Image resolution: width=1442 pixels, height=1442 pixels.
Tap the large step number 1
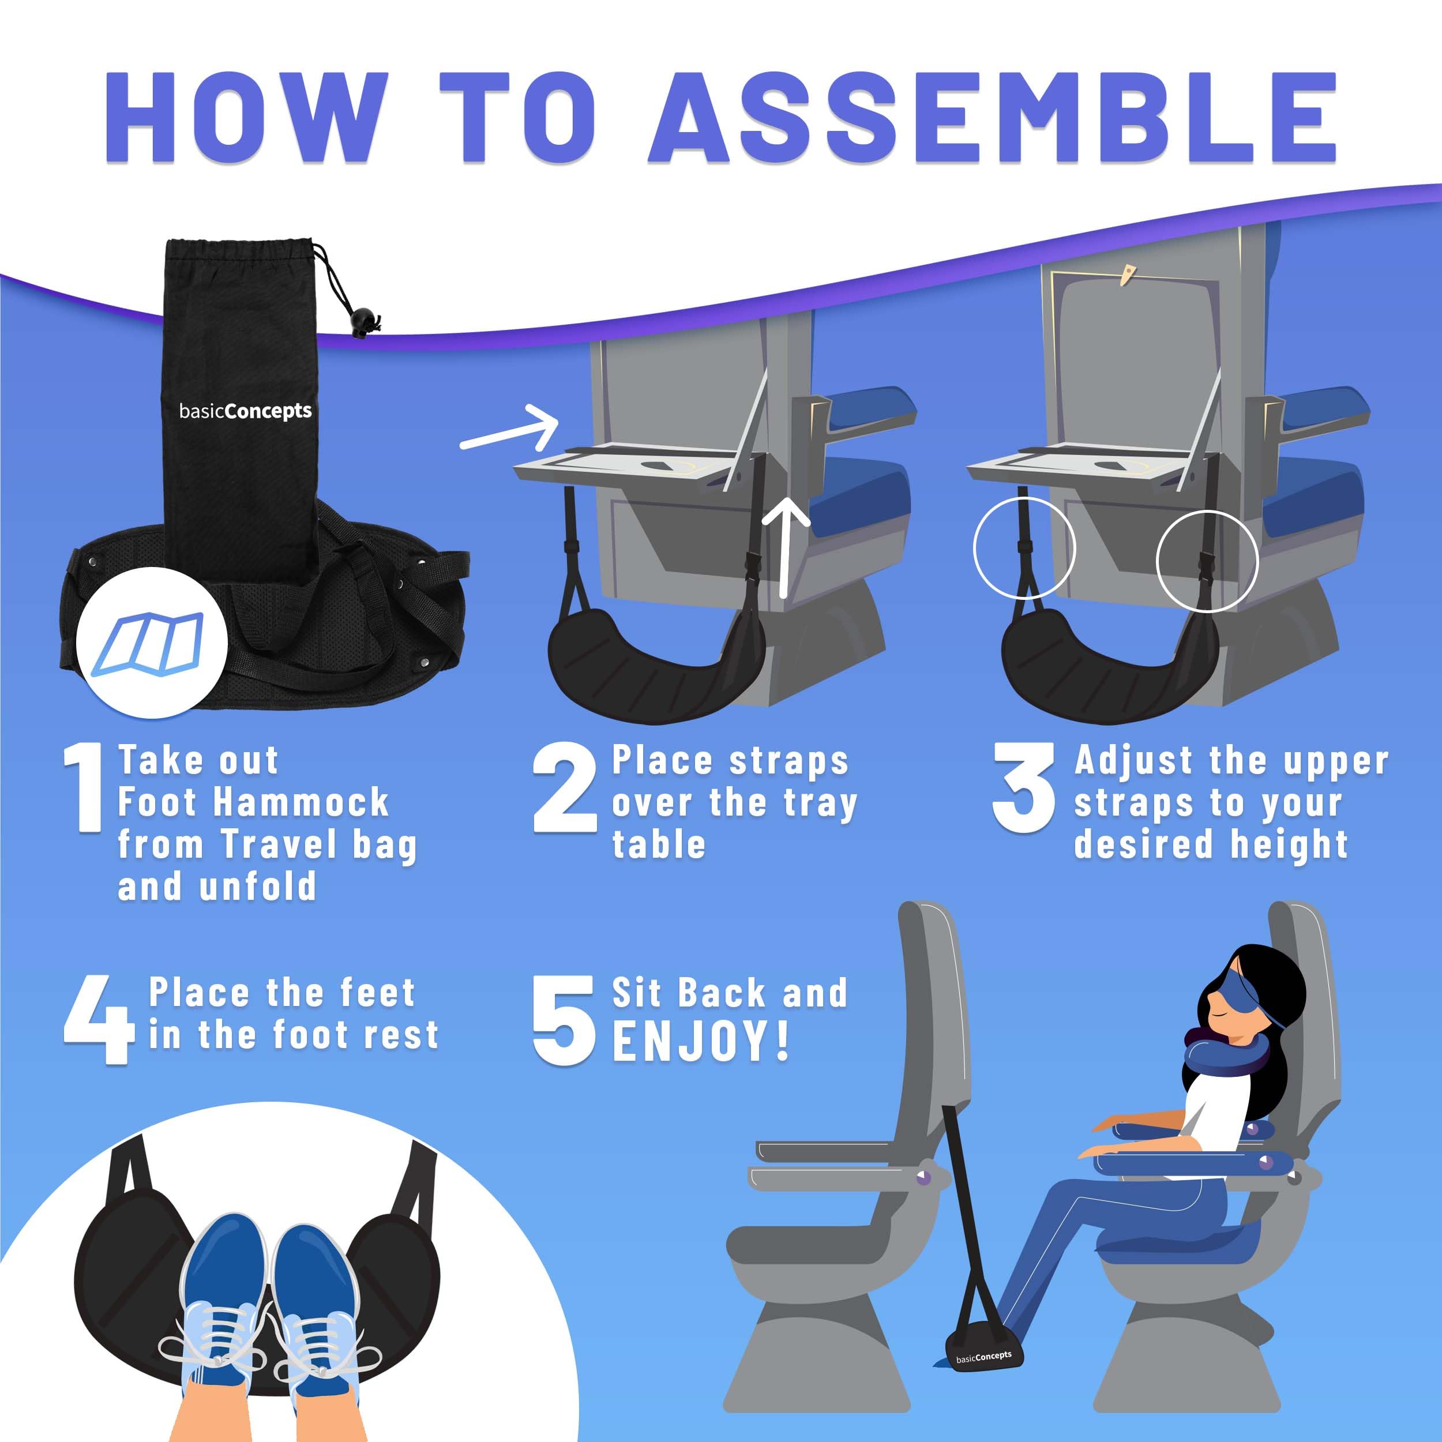click(84, 787)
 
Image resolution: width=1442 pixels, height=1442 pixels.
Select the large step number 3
click(1023, 787)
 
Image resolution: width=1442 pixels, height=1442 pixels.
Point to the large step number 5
click(564, 1020)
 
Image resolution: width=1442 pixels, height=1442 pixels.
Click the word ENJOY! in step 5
click(700, 1041)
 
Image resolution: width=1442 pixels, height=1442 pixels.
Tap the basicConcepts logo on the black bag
click(245, 411)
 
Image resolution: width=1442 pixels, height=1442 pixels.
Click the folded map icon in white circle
click(151, 643)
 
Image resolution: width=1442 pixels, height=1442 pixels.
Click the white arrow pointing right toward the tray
click(510, 429)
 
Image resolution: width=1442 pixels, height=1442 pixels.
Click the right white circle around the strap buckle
click(1206, 561)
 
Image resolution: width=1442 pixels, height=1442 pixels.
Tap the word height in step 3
click(1289, 845)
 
